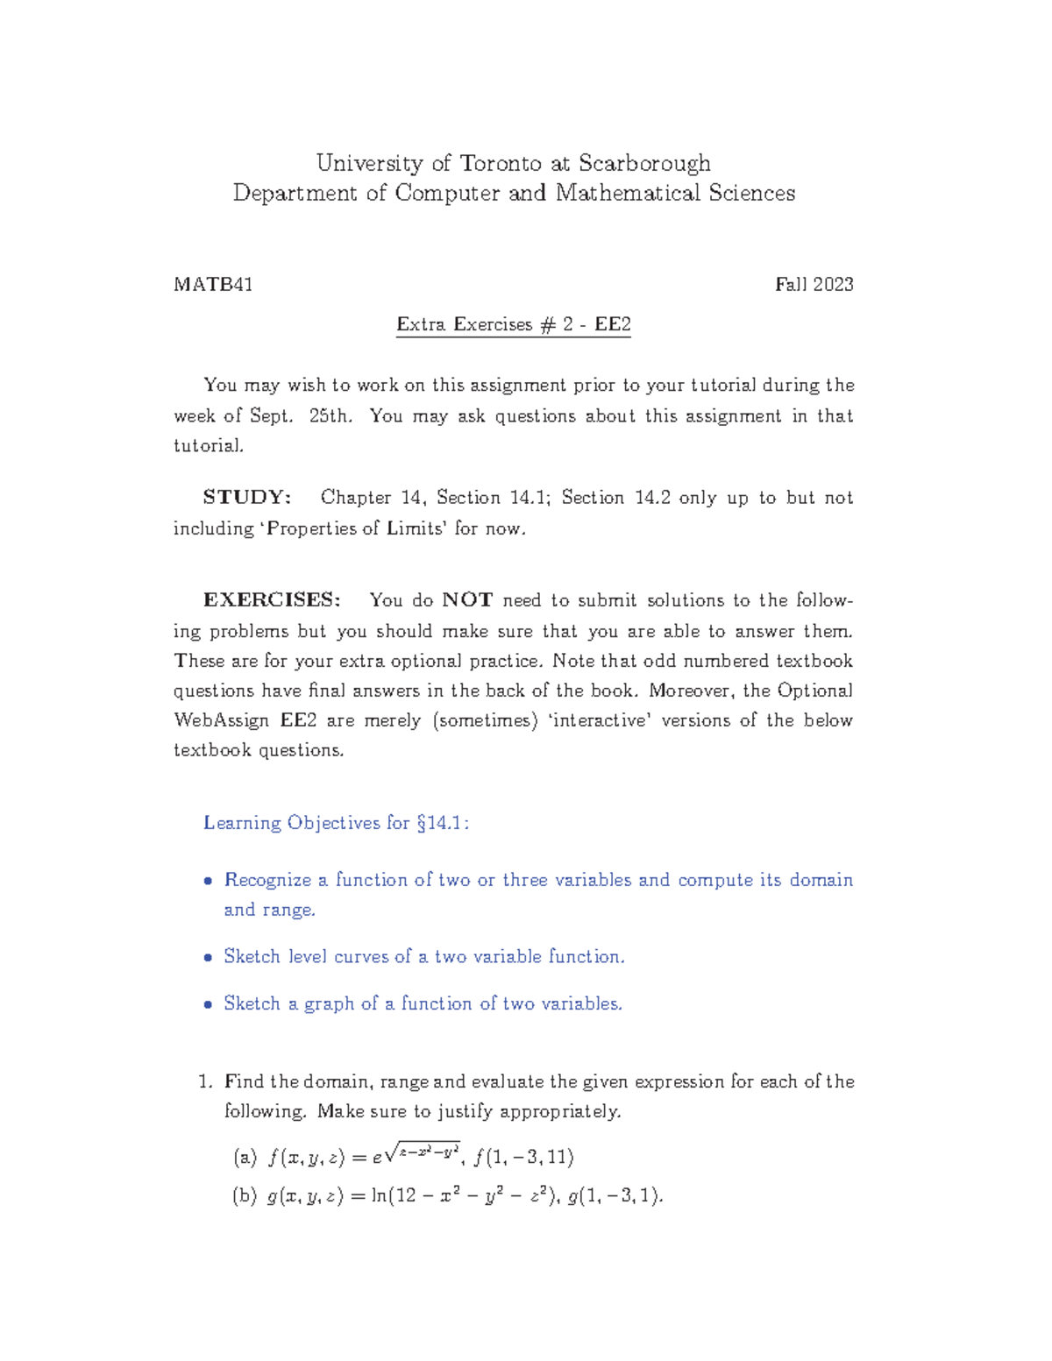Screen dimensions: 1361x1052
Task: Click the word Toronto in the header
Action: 501,164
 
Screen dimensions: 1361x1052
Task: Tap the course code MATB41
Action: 213,284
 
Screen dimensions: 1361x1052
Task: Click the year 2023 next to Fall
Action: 833,284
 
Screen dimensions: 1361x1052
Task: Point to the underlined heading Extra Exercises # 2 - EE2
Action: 513,324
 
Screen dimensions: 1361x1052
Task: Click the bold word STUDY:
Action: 246,498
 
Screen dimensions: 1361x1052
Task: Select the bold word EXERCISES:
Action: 272,600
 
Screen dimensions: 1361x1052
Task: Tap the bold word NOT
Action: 467,600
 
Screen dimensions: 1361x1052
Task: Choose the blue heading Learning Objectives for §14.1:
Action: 336,823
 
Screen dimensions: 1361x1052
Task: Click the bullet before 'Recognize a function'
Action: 208,881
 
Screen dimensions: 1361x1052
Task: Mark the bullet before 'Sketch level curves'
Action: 208,957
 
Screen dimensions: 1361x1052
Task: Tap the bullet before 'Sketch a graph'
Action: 208,1004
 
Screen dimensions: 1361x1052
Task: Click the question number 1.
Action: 205,1081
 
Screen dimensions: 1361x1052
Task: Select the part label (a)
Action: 245,1158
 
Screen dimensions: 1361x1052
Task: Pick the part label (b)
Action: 245,1195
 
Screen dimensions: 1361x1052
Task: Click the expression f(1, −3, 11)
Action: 523,1158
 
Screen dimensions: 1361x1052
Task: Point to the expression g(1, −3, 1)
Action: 615,1195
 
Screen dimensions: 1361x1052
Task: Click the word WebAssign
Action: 221,720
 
